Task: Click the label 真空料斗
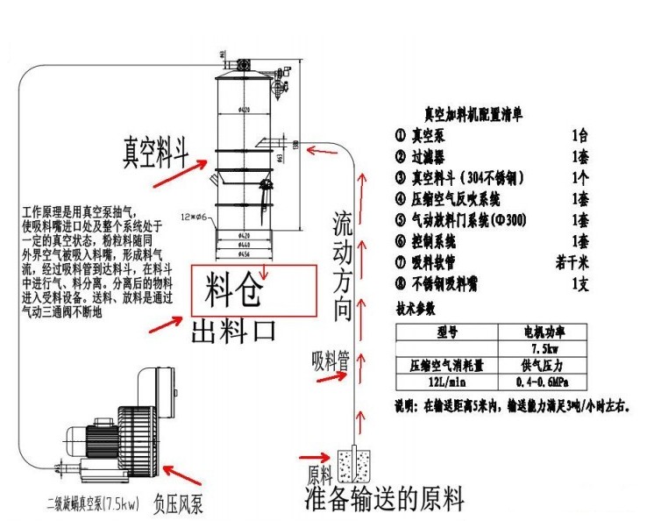(156, 149)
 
